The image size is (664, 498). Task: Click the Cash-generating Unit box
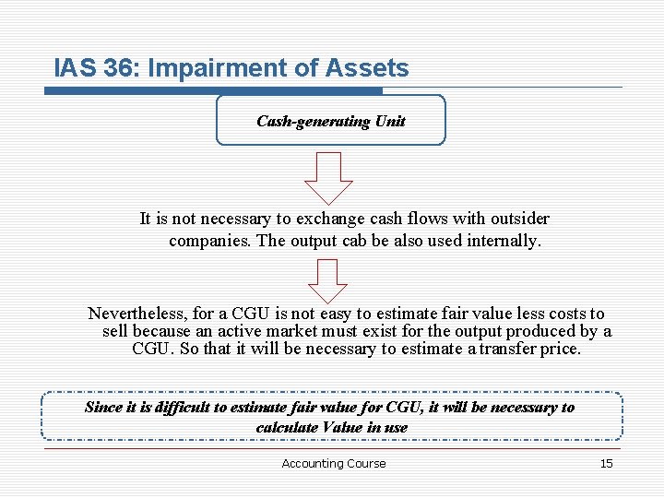point(330,121)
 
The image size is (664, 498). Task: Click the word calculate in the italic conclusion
point(285,427)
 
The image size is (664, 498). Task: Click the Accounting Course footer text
point(334,463)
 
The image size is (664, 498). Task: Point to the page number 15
point(606,463)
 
